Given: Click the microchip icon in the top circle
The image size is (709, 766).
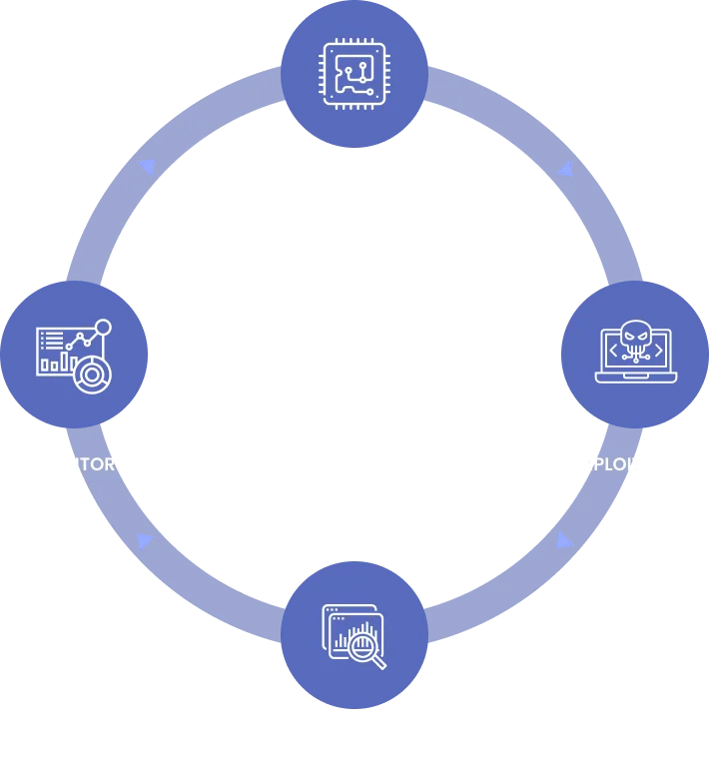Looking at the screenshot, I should pyautogui.click(x=354, y=73).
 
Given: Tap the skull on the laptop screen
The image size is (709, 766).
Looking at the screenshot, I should pyautogui.click(x=635, y=337).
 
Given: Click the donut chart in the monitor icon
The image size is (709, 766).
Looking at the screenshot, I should pyautogui.click(x=92, y=375).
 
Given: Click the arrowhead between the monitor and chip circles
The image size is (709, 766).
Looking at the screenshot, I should pyautogui.click(x=147, y=167).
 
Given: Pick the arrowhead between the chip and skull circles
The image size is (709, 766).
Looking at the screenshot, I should pyautogui.click(x=565, y=167).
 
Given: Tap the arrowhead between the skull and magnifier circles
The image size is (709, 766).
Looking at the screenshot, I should pyautogui.click(x=564, y=540).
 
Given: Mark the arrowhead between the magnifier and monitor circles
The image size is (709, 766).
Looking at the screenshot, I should pyautogui.click(x=146, y=541).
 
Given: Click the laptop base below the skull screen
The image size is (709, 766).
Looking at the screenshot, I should pyautogui.click(x=636, y=378).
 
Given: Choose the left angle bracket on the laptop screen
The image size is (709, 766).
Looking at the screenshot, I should pyautogui.click(x=613, y=349).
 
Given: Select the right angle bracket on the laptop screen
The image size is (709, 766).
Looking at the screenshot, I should pyautogui.click(x=659, y=349).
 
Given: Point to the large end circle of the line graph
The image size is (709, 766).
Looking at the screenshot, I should pyautogui.click(x=103, y=327).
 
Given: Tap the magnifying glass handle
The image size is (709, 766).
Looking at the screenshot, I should pyautogui.click(x=378, y=662).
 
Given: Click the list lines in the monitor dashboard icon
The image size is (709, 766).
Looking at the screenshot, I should pyautogui.click(x=50, y=340).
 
